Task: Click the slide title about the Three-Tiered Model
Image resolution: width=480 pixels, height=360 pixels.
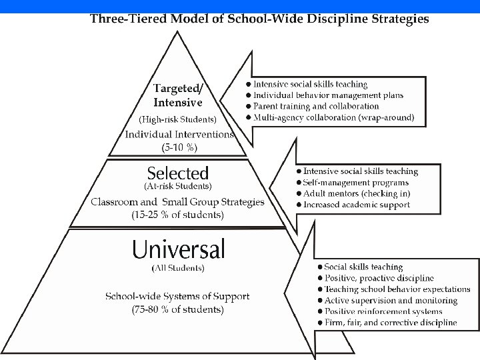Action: click(x=259, y=19)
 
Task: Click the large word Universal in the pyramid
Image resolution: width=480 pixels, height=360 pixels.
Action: click(x=178, y=249)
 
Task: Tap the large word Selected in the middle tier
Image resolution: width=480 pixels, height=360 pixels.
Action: click(x=178, y=173)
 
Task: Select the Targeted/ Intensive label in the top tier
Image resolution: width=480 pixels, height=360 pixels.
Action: click(x=178, y=95)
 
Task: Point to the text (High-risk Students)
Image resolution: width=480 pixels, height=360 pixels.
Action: click(x=177, y=120)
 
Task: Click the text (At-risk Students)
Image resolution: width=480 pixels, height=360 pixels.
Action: click(x=178, y=186)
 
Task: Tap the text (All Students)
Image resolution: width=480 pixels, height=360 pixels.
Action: click(x=178, y=268)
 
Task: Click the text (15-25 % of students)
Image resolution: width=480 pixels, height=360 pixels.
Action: click(x=177, y=215)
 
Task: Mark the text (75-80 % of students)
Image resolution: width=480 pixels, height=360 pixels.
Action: click(x=177, y=309)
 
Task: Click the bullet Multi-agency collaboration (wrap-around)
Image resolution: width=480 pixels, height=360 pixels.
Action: click(x=333, y=117)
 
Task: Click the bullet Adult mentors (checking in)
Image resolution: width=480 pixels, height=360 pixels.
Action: click(x=357, y=193)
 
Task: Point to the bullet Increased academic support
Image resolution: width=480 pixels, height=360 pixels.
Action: click(x=357, y=205)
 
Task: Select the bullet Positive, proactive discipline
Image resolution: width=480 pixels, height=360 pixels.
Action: click(x=379, y=278)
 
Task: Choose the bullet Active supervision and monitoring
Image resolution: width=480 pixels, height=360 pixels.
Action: click(x=391, y=301)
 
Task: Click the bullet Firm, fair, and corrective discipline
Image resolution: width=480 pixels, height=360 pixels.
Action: click(x=391, y=323)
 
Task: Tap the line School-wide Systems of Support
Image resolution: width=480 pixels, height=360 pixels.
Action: click(x=177, y=296)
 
